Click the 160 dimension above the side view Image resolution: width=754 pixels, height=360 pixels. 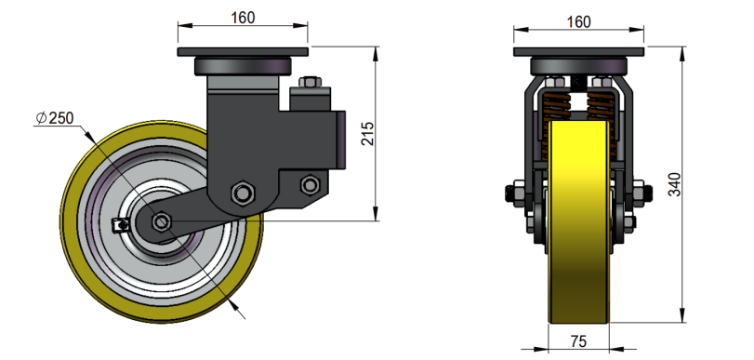(x=243, y=18)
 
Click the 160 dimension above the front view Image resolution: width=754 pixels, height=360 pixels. (x=578, y=22)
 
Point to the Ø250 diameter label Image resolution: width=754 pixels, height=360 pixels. (x=55, y=118)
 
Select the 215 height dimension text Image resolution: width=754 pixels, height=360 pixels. (x=367, y=134)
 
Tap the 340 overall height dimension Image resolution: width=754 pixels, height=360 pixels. (x=675, y=184)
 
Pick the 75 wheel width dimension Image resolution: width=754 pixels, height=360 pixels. (x=578, y=341)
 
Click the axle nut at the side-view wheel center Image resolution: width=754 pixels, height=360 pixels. (x=162, y=222)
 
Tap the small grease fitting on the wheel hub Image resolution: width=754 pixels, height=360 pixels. (x=120, y=225)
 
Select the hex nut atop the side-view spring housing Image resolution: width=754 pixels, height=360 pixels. (x=310, y=82)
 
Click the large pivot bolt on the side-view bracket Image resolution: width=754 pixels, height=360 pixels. (x=243, y=193)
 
